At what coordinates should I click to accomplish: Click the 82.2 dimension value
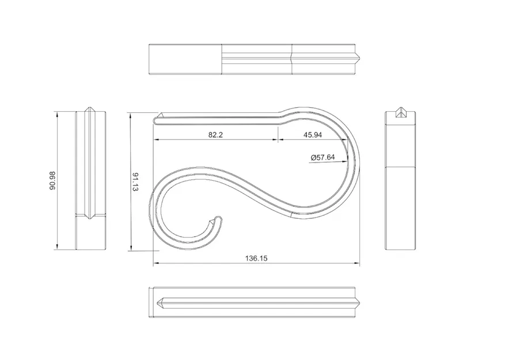pyautogui.click(x=215, y=135)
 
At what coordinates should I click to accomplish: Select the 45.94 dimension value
pyautogui.click(x=312, y=135)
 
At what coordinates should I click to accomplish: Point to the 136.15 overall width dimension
pyautogui.click(x=256, y=259)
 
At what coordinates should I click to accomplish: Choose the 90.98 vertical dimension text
pyautogui.click(x=53, y=180)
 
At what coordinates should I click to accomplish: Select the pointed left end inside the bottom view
pyautogui.click(x=159, y=301)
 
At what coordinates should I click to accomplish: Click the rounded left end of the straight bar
pyautogui.click(x=155, y=120)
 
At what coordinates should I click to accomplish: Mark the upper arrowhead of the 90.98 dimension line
pyautogui.click(x=57, y=113)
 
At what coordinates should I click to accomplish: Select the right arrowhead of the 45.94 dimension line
pyautogui.click(x=345, y=140)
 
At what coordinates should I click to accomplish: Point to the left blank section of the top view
pyautogui.click(x=185, y=59)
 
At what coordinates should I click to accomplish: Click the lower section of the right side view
pyautogui.click(x=400, y=207)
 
